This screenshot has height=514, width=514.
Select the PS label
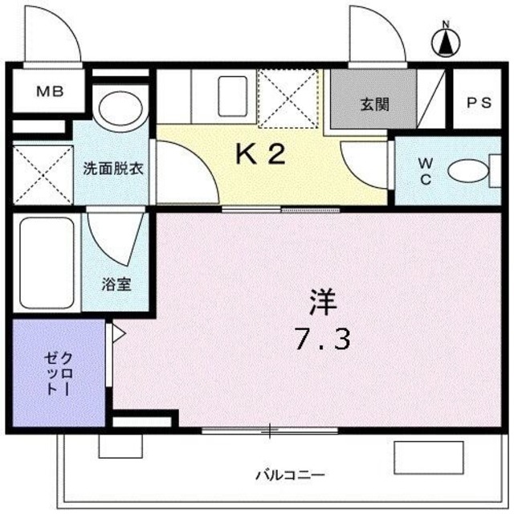coord(479,103)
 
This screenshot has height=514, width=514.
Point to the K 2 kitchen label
coord(259,154)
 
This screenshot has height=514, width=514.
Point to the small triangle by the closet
coord(118,332)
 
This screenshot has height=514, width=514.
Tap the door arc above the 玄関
coord(377,36)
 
